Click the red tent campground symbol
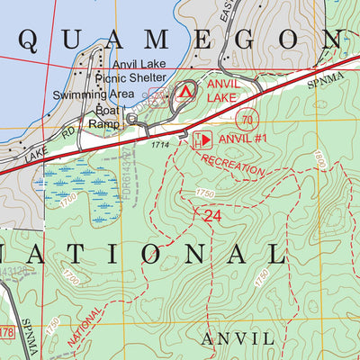click(186, 91)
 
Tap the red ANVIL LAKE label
click(224, 90)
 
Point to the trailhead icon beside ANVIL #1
click(202, 139)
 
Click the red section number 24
click(212, 216)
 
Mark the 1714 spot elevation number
click(160, 144)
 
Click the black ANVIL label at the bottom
click(237, 338)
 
